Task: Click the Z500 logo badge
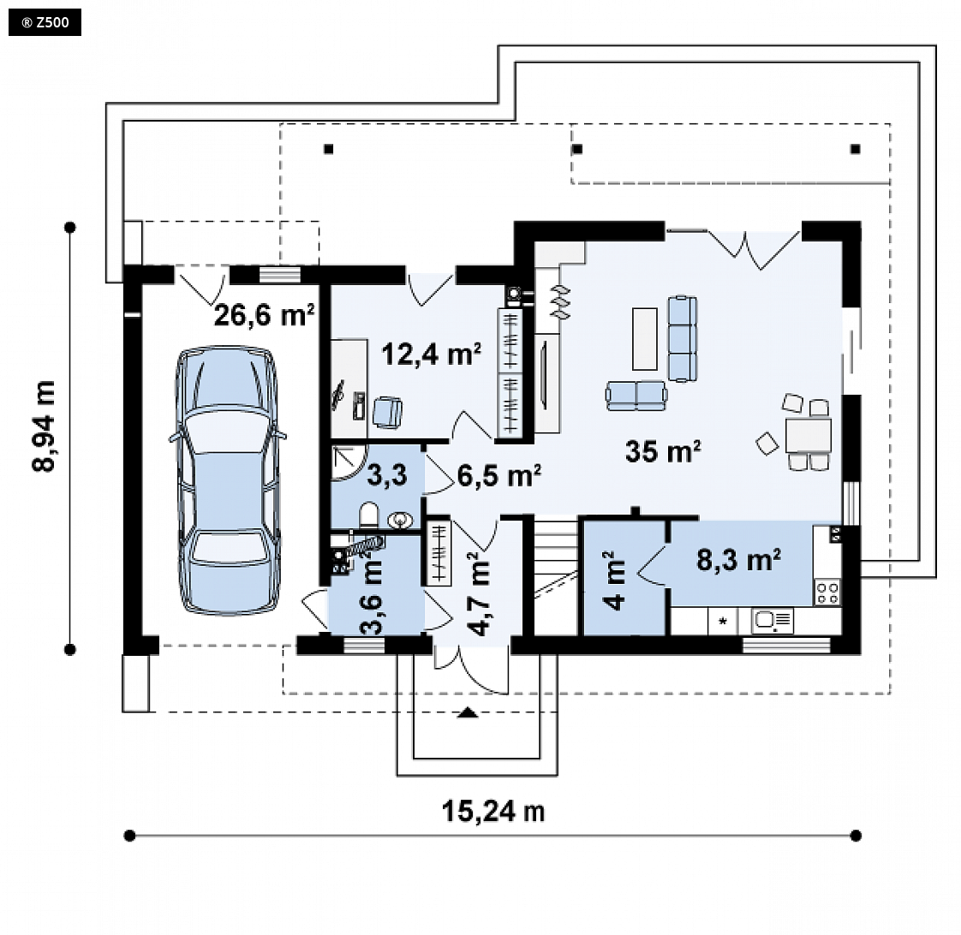pyautogui.click(x=45, y=23)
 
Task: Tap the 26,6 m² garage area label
pyautogui.click(x=264, y=314)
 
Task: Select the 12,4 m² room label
pyautogui.click(x=431, y=354)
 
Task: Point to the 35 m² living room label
pyautogui.click(x=663, y=451)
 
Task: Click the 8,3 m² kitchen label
pyautogui.click(x=738, y=559)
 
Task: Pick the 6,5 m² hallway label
pyautogui.click(x=498, y=475)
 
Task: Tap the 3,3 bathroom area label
pyautogui.click(x=387, y=475)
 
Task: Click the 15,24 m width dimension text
pyautogui.click(x=493, y=811)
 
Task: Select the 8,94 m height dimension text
pyautogui.click(x=45, y=426)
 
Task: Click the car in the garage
pyautogui.click(x=228, y=480)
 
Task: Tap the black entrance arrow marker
pyautogui.click(x=468, y=712)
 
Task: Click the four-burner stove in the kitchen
pyautogui.click(x=827, y=593)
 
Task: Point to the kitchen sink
pyautogui.click(x=773, y=621)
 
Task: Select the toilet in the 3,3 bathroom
pyautogui.click(x=369, y=515)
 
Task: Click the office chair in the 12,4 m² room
pyautogui.click(x=387, y=412)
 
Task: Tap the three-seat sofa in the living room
pyautogui.click(x=682, y=339)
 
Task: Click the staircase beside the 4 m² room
pyautogui.click(x=556, y=576)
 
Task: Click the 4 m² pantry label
pyautogui.click(x=614, y=581)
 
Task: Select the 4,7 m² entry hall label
pyautogui.click(x=479, y=593)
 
